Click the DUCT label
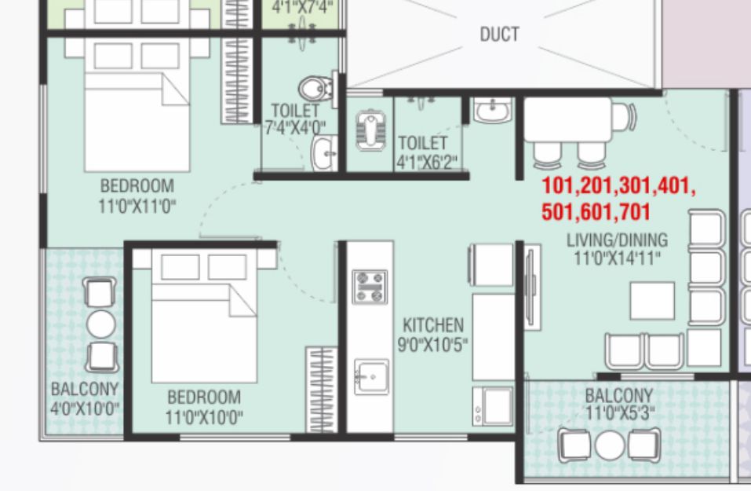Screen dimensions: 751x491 pos(500,35)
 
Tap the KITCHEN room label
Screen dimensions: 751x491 pos(433,325)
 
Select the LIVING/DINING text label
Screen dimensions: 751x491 pos(617,240)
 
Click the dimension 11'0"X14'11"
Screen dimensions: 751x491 pos(617,258)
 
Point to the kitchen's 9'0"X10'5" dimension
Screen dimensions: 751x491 pos(432,344)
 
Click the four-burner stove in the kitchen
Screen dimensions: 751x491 pos(370,287)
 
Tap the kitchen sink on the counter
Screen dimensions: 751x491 pos(372,377)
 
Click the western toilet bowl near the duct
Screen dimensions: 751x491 pos(315,90)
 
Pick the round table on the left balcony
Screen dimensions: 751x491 pos(101,324)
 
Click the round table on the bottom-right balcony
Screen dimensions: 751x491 pos(610,445)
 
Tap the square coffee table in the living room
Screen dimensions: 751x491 pos(652,301)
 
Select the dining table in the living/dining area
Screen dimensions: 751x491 pos(568,119)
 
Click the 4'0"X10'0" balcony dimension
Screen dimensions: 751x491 pos(85,409)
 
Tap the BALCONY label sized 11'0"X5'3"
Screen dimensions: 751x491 pos(619,396)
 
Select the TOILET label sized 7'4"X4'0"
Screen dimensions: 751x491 pos(295,111)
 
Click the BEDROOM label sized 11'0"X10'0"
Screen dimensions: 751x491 pos(204,398)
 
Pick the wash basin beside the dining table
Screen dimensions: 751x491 pos(491,111)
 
